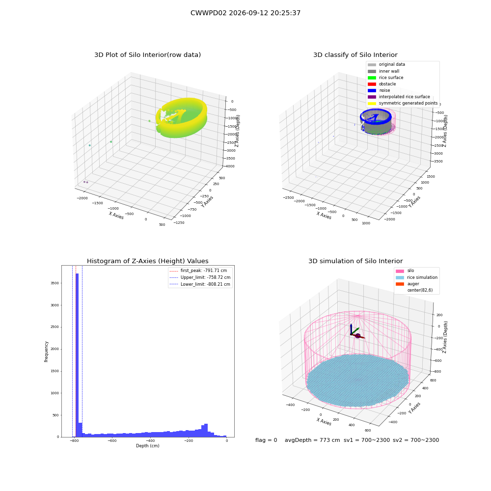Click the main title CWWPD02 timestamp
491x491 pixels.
pos(245,13)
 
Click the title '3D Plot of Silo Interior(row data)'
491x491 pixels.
pos(147,55)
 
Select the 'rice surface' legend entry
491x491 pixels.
pos(385,78)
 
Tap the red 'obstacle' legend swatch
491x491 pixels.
pos(372,84)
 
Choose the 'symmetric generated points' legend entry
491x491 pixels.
pos(403,103)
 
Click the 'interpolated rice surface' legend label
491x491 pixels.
pos(404,97)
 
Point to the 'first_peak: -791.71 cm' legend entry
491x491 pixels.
pos(198,271)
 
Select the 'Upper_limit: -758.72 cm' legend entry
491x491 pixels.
pos(200,277)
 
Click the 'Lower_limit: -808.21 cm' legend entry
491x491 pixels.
pos(200,284)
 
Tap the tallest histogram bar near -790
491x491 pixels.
pos(77,355)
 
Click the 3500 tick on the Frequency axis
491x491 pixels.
pos(55,283)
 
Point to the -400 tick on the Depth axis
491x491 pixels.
pos(150,441)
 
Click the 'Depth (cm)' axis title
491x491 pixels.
pos(147,446)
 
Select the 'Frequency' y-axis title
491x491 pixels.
pos(46,352)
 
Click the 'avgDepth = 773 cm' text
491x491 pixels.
pos(312,440)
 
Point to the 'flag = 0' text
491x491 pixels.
pos(266,440)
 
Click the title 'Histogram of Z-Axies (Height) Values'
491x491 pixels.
pos(147,261)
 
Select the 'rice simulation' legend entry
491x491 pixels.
pos(416,277)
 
